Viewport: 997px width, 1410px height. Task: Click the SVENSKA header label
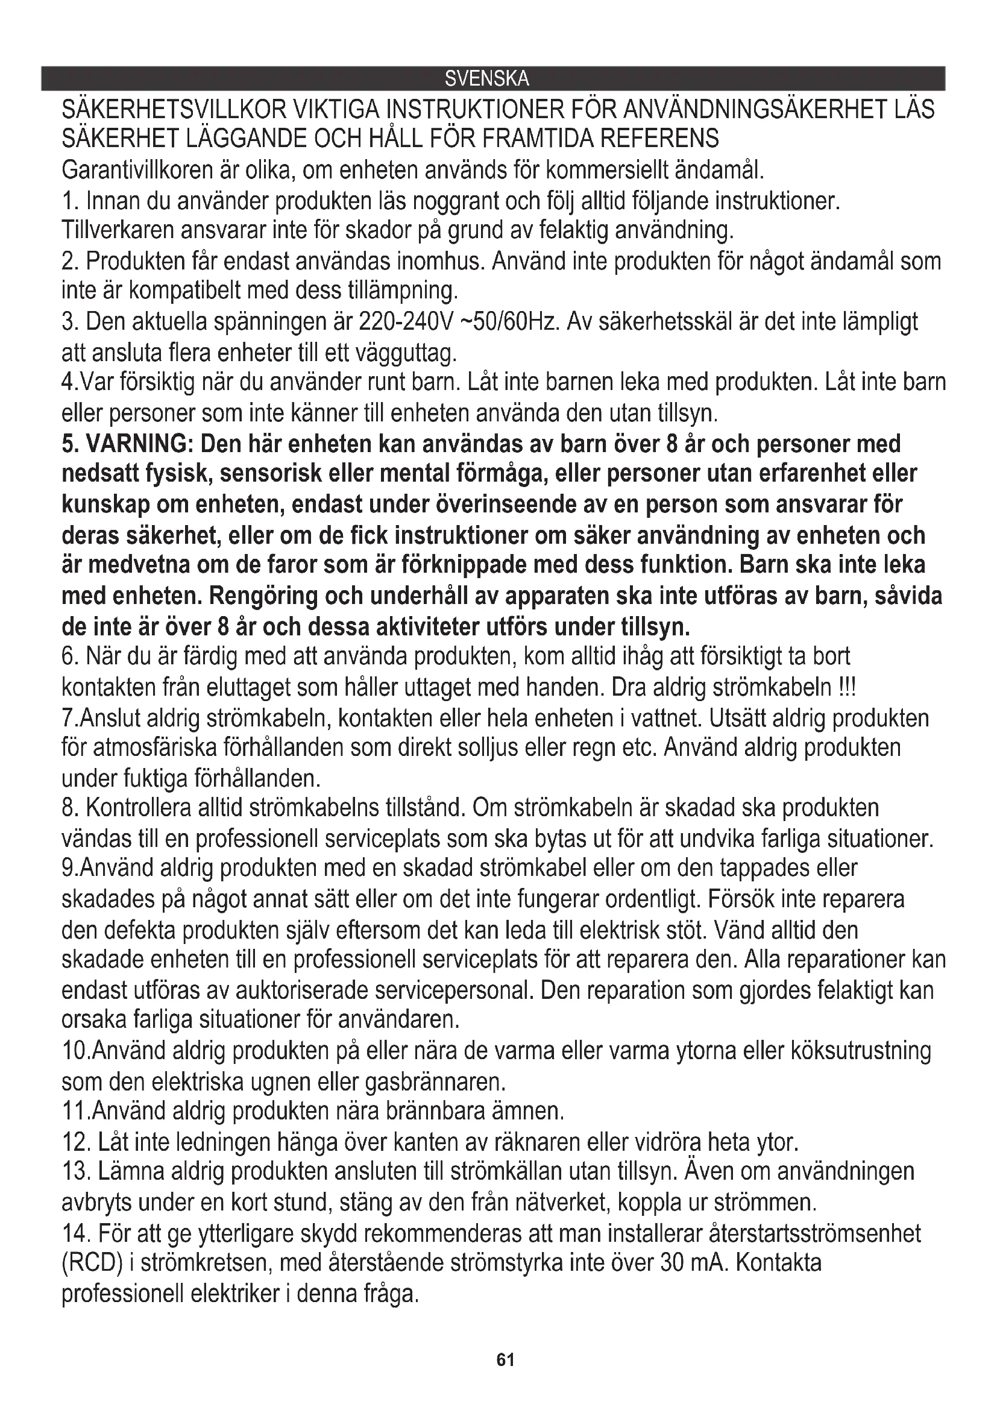(x=486, y=79)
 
